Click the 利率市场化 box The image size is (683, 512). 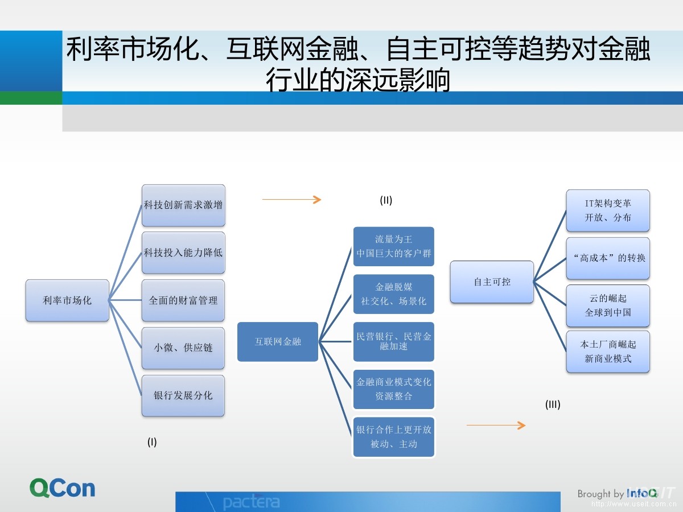click(67, 300)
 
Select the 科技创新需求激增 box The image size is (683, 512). click(183, 205)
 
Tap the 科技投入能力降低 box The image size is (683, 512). click(183, 253)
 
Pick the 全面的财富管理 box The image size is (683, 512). click(183, 300)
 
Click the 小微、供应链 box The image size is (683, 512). click(183, 348)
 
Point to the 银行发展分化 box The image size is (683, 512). click(183, 395)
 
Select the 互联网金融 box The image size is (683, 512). click(278, 342)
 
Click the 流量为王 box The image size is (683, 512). click(394, 246)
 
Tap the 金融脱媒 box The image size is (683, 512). click(394, 294)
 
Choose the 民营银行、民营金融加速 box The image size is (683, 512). click(394, 341)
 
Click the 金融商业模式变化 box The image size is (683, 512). click(394, 389)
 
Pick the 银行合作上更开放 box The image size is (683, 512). click(394, 437)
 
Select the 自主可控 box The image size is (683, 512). click(492, 282)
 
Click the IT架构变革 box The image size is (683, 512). click(608, 210)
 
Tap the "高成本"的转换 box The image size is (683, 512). click(608, 258)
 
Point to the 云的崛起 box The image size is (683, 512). click(608, 305)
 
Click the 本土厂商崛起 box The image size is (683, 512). click(608, 352)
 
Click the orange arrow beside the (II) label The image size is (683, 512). click(291, 200)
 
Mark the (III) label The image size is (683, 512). click(553, 405)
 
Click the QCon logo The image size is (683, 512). click(63, 488)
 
